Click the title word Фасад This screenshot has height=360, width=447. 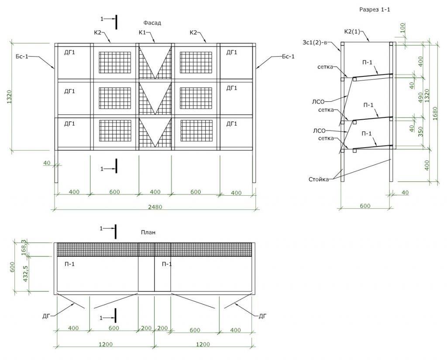[x=152, y=23]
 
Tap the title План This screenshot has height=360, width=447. [x=148, y=233]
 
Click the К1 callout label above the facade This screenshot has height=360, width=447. [x=142, y=33]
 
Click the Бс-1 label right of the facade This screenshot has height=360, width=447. [x=288, y=57]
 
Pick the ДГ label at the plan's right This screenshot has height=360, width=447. [x=262, y=315]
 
